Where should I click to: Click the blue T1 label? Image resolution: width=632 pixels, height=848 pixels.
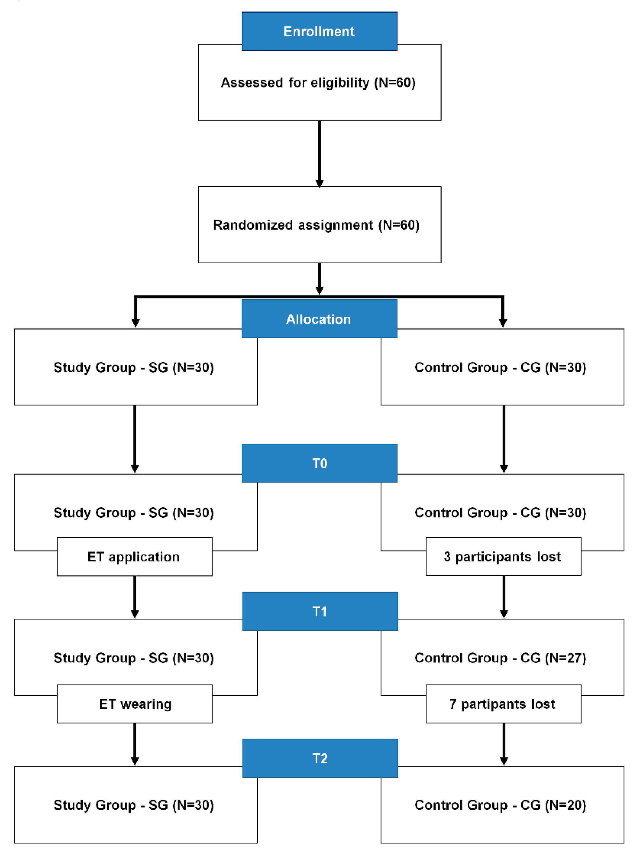(320, 611)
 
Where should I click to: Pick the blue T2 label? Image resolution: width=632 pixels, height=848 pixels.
(320, 758)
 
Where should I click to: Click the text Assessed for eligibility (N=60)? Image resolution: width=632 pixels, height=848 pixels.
(318, 82)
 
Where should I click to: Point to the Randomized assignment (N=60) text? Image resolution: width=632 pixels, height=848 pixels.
(316, 225)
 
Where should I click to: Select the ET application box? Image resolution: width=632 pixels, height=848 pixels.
(134, 556)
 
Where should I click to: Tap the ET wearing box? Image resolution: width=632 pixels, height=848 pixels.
(134, 704)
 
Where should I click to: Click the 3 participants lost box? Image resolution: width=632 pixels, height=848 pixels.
(503, 556)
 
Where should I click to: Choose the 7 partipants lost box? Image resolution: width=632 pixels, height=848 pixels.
(503, 704)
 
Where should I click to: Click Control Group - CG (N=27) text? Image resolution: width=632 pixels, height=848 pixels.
(500, 658)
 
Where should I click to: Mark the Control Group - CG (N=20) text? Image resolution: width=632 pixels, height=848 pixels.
(500, 805)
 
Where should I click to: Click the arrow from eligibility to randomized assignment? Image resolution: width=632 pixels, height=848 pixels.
(320, 153)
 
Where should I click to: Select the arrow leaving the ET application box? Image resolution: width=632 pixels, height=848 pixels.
(135, 596)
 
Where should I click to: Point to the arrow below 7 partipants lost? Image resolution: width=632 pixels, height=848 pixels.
(504, 743)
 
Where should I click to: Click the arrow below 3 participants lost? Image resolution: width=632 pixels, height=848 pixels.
(504, 596)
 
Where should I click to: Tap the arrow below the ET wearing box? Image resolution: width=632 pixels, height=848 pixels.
(135, 743)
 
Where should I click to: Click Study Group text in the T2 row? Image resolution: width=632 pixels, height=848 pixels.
(133, 805)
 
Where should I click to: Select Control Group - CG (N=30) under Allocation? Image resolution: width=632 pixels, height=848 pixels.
(500, 367)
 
